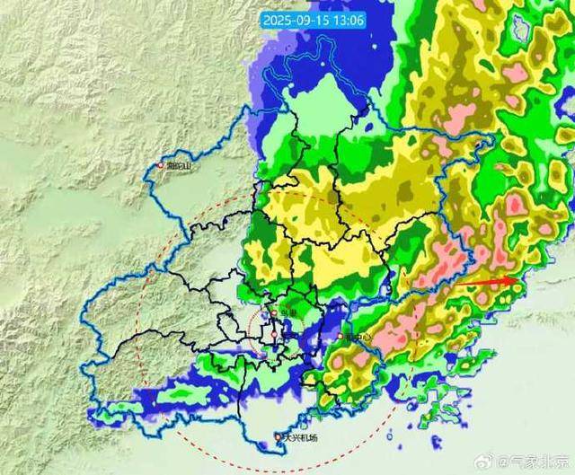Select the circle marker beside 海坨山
[162, 166]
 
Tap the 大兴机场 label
[299, 438]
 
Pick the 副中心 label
[358, 338]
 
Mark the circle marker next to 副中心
[341, 338]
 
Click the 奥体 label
[287, 314]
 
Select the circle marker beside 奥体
[275, 314]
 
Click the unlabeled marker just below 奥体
[274, 334]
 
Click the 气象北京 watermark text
[539, 462]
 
